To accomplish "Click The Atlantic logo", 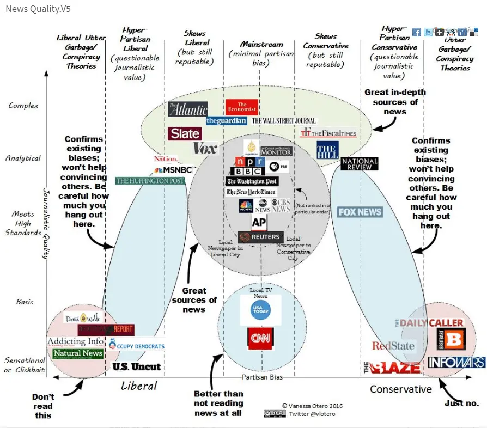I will tap(188, 109).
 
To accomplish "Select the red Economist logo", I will tap(241, 107).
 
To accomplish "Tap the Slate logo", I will tap(185, 134).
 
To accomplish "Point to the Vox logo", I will tap(205, 148).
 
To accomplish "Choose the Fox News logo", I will tap(360, 212).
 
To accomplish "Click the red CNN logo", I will tap(260, 338).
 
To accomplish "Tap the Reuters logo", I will tap(260, 237).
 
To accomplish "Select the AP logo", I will tap(259, 222).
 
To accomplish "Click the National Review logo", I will tap(359, 164).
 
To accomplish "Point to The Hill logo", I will tap(327, 150).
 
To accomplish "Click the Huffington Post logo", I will tap(150, 181).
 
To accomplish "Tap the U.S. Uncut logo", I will tap(137, 366).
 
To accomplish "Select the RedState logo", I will tap(393, 346).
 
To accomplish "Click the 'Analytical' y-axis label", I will tap(23, 158).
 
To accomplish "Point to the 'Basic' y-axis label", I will tap(25, 302).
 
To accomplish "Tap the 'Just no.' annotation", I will tap(461, 403).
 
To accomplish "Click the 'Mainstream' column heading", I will tap(261, 44).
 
